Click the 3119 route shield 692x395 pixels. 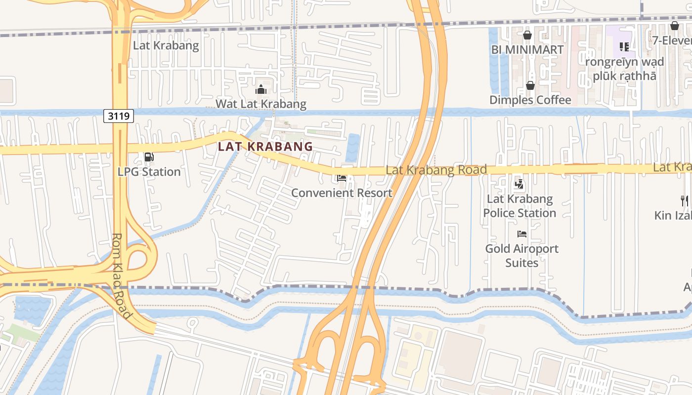point(119,117)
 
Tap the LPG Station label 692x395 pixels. point(149,172)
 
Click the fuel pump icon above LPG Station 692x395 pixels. point(149,157)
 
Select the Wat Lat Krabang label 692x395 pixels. point(261,104)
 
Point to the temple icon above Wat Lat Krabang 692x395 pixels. point(261,89)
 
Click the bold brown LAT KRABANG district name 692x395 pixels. point(265,147)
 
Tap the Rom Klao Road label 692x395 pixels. point(122,276)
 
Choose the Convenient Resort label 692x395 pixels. point(342,193)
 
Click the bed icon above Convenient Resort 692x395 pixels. point(342,178)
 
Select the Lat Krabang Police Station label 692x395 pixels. point(519,206)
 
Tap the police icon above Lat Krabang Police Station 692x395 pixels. point(519,185)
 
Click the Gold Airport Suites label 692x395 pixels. point(521,255)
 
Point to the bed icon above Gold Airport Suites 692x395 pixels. point(521,234)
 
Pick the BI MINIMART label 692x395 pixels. point(527,50)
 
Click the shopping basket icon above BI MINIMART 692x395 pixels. point(527,35)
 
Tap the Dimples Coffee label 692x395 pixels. point(530,100)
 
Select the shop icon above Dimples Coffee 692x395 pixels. point(530,85)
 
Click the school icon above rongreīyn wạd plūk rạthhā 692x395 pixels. point(624,47)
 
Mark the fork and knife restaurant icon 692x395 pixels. point(685,200)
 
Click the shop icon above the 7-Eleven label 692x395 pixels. point(675,26)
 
